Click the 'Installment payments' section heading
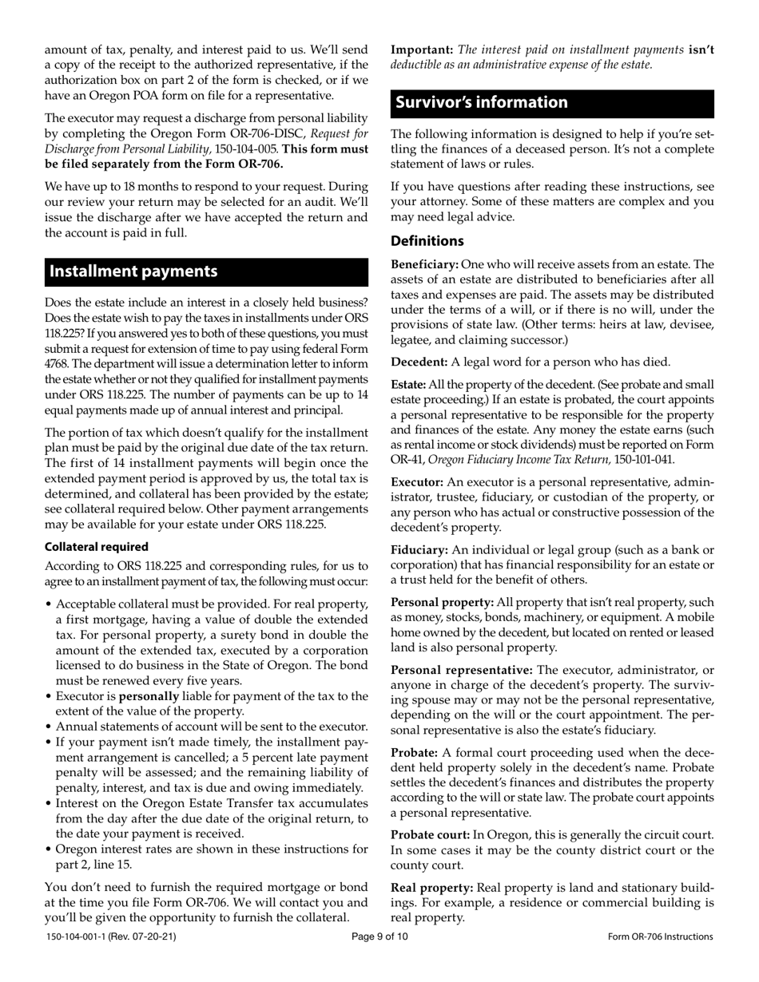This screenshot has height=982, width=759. (133, 271)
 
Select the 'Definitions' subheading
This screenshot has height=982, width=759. (427, 240)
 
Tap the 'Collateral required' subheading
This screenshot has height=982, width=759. (96, 547)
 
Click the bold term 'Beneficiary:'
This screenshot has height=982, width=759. (424, 264)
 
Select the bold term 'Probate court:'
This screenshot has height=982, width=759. (430, 835)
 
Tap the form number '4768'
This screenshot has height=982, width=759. (58, 365)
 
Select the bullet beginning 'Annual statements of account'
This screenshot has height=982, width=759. (212, 727)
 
